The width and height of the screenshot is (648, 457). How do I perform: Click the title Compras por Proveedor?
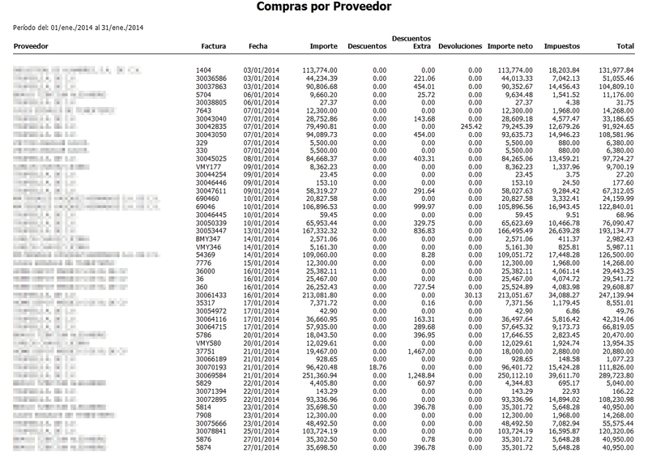click(x=323, y=8)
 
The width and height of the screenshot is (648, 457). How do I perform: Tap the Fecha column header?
click(x=258, y=48)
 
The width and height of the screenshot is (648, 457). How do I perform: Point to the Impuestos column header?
click(x=561, y=48)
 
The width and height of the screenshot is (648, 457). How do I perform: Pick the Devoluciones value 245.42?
click(x=470, y=126)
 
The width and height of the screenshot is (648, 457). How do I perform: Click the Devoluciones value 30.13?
click(x=472, y=297)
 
